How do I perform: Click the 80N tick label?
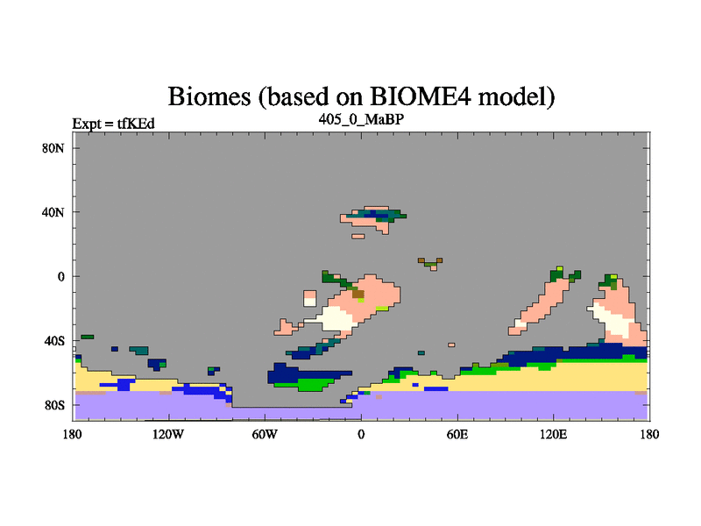click(x=53, y=148)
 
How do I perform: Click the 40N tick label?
click(x=53, y=212)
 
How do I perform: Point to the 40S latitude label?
click(x=54, y=341)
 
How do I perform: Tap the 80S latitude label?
click(x=54, y=406)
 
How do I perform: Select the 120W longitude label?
click(x=168, y=434)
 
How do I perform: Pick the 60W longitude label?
click(x=265, y=434)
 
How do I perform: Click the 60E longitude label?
click(x=457, y=434)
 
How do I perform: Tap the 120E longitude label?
click(x=554, y=434)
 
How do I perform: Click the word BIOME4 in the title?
click(x=421, y=96)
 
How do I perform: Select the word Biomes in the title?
click(x=209, y=96)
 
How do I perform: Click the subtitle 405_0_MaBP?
click(x=361, y=119)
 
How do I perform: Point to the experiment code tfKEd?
click(x=136, y=124)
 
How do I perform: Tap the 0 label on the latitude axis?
click(x=60, y=277)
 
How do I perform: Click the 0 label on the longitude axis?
click(x=361, y=434)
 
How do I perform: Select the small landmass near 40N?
click(x=373, y=218)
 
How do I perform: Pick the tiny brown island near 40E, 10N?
click(x=430, y=263)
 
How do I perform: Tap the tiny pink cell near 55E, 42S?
click(x=451, y=345)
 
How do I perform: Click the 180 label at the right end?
click(x=649, y=434)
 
